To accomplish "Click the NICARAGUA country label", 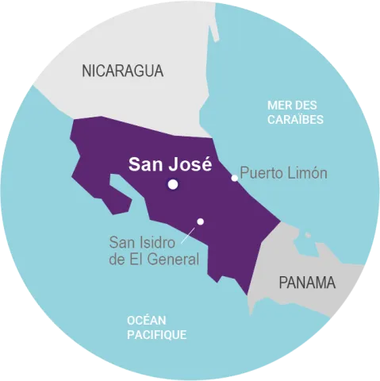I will pos(123,71).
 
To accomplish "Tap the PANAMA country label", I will pos(307,283).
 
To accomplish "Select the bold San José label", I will pos(170,164).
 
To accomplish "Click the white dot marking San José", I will pos(172,185).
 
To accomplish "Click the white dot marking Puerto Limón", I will pos(234,178).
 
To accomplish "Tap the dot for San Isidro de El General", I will pos(201,221).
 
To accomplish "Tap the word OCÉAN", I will pos(147,319).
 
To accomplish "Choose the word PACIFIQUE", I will pos(156,335).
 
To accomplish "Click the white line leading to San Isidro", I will pos(190,233).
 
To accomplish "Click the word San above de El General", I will pos(122,242).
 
